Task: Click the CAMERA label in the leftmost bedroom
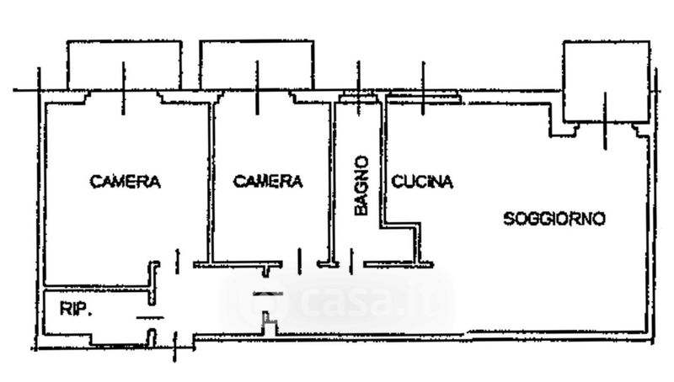point(126,181)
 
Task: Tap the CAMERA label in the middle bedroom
point(267,181)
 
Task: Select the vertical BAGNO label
point(361,185)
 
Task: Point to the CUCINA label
point(422,181)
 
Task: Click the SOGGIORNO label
point(554,219)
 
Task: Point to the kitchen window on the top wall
point(424,99)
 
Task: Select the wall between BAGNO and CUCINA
point(383,160)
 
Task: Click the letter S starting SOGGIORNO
point(509,220)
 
